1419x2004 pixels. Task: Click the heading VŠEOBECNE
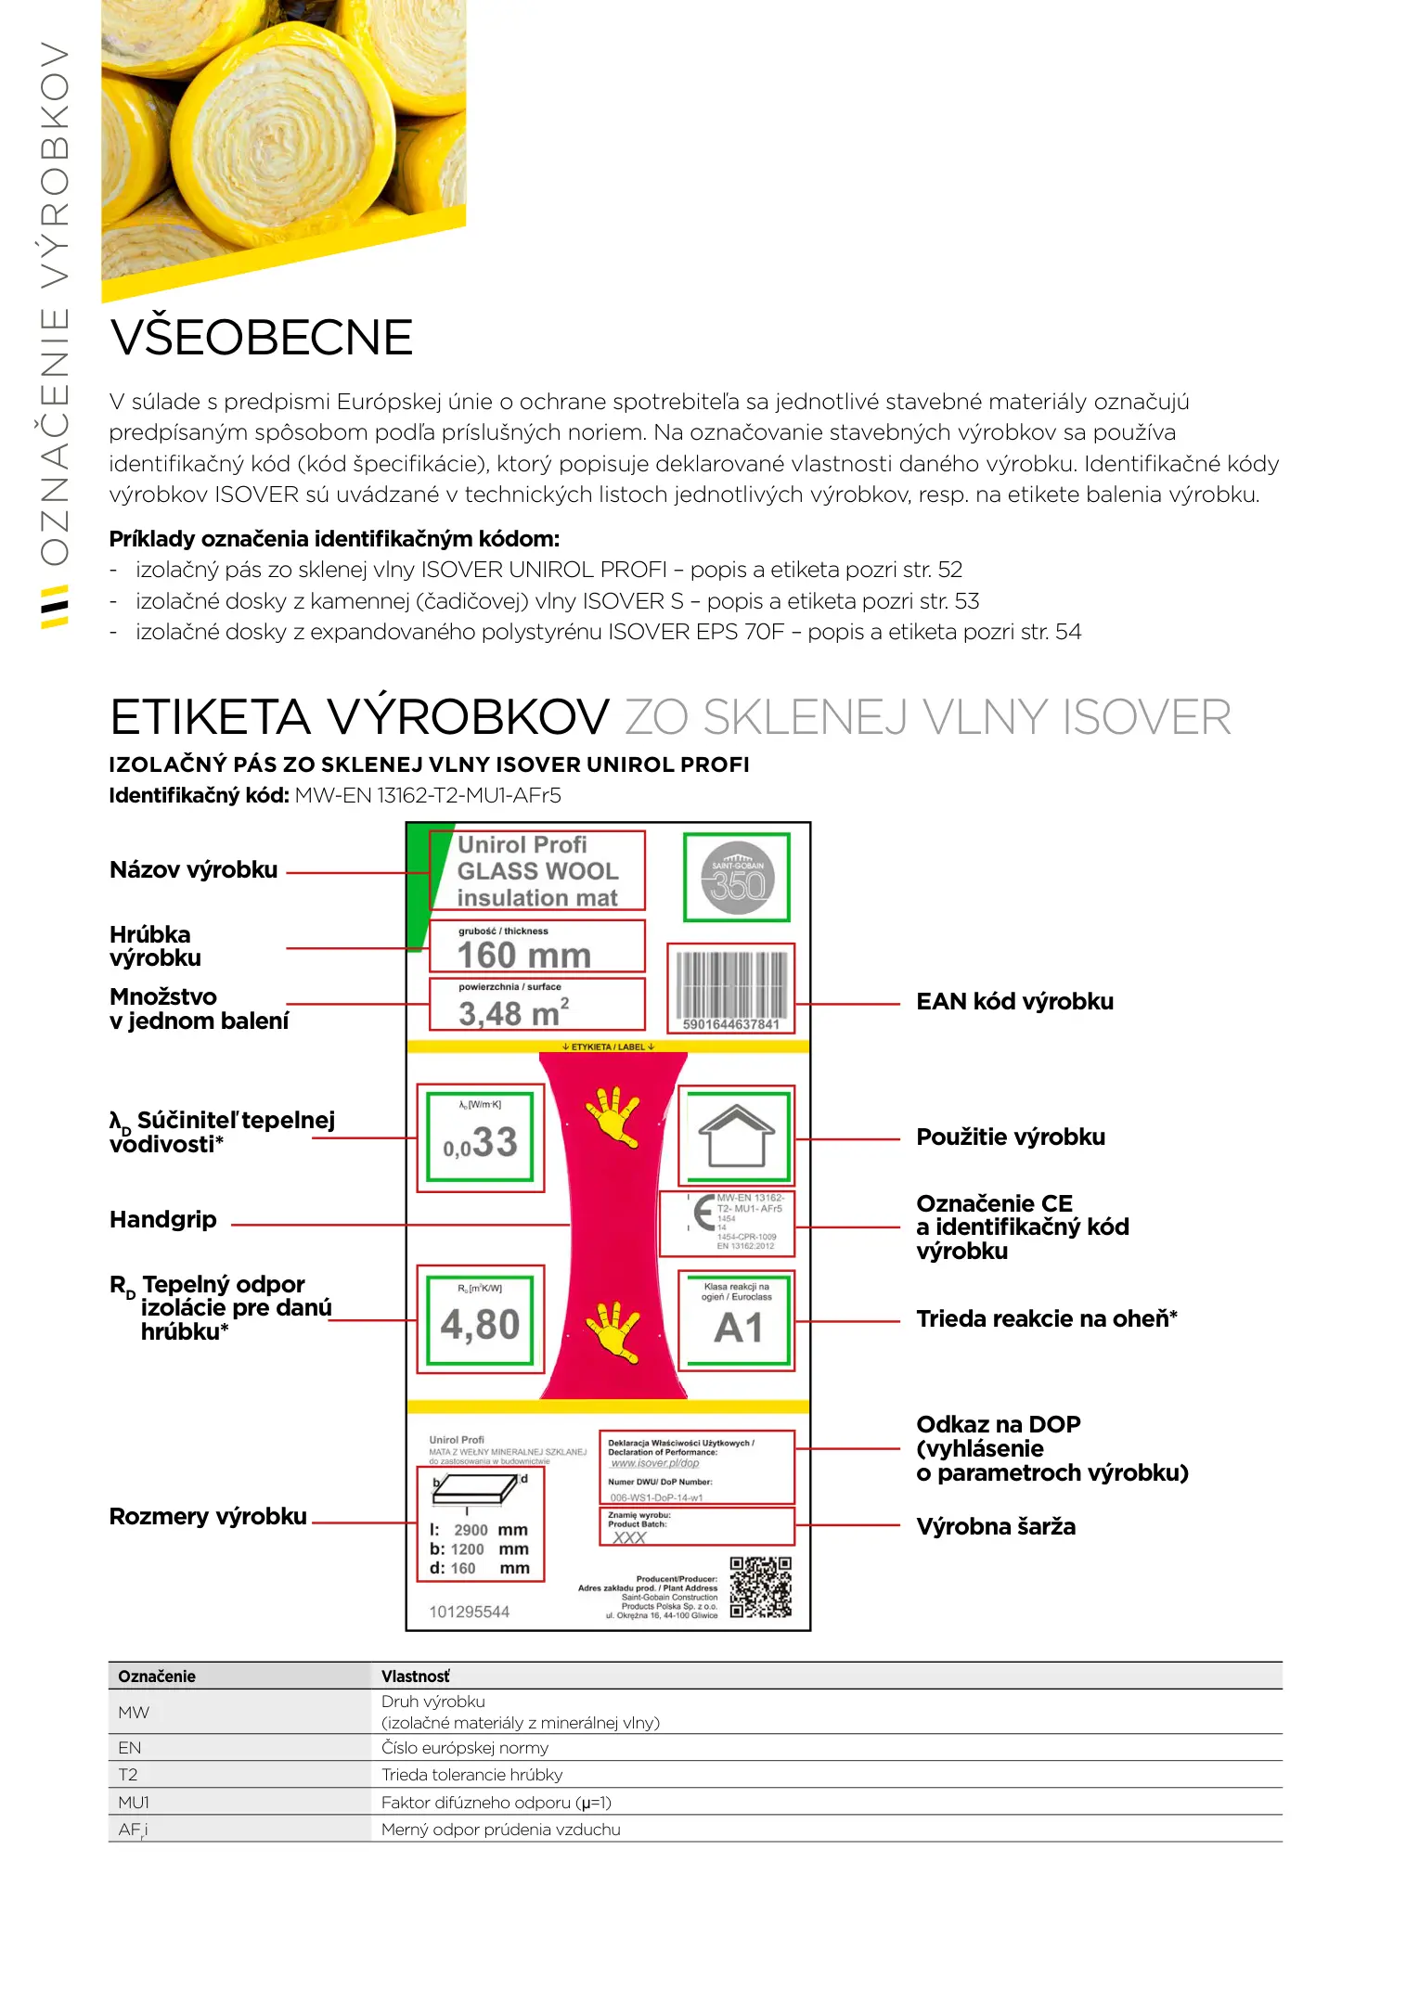click(x=261, y=338)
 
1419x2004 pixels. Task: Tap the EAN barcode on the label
click(x=731, y=985)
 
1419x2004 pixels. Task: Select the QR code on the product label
click(x=760, y=1587)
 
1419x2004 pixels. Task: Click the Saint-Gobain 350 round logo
click(x=737, y=878)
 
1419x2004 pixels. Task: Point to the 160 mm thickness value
click(x=524, y=955)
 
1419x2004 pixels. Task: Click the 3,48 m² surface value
click(x=513, y=1012)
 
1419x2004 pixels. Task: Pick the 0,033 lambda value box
click(x=480, y=1138)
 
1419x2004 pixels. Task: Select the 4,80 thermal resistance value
click(x=480, y=1323)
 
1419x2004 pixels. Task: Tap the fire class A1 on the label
click(x=737, y=1327)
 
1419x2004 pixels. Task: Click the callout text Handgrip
click(x=163, y=1220)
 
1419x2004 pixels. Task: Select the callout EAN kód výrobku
click(x=1014, y=1002)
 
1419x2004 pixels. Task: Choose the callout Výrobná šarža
click(x=996, y=1527)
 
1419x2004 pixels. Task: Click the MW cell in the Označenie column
click(x=134, y=1713)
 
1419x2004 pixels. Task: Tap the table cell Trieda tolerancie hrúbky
click(x=471, y=1775)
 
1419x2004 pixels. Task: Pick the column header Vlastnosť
click(x=415, y=1676)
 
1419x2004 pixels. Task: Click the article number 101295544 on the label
click(x=469, y=1612)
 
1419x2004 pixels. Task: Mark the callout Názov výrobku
click(x=193, y=870)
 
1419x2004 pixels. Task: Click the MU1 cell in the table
click(x=134, y=1803)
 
